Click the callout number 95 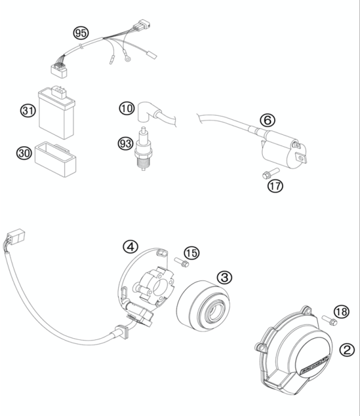[x=81, y=32]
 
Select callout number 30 [x=24, y=153]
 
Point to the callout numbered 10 [x=125, y=108]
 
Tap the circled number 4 [x=131, y=246]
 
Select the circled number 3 [x=224, y=277]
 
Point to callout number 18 [x=341, y=312]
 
